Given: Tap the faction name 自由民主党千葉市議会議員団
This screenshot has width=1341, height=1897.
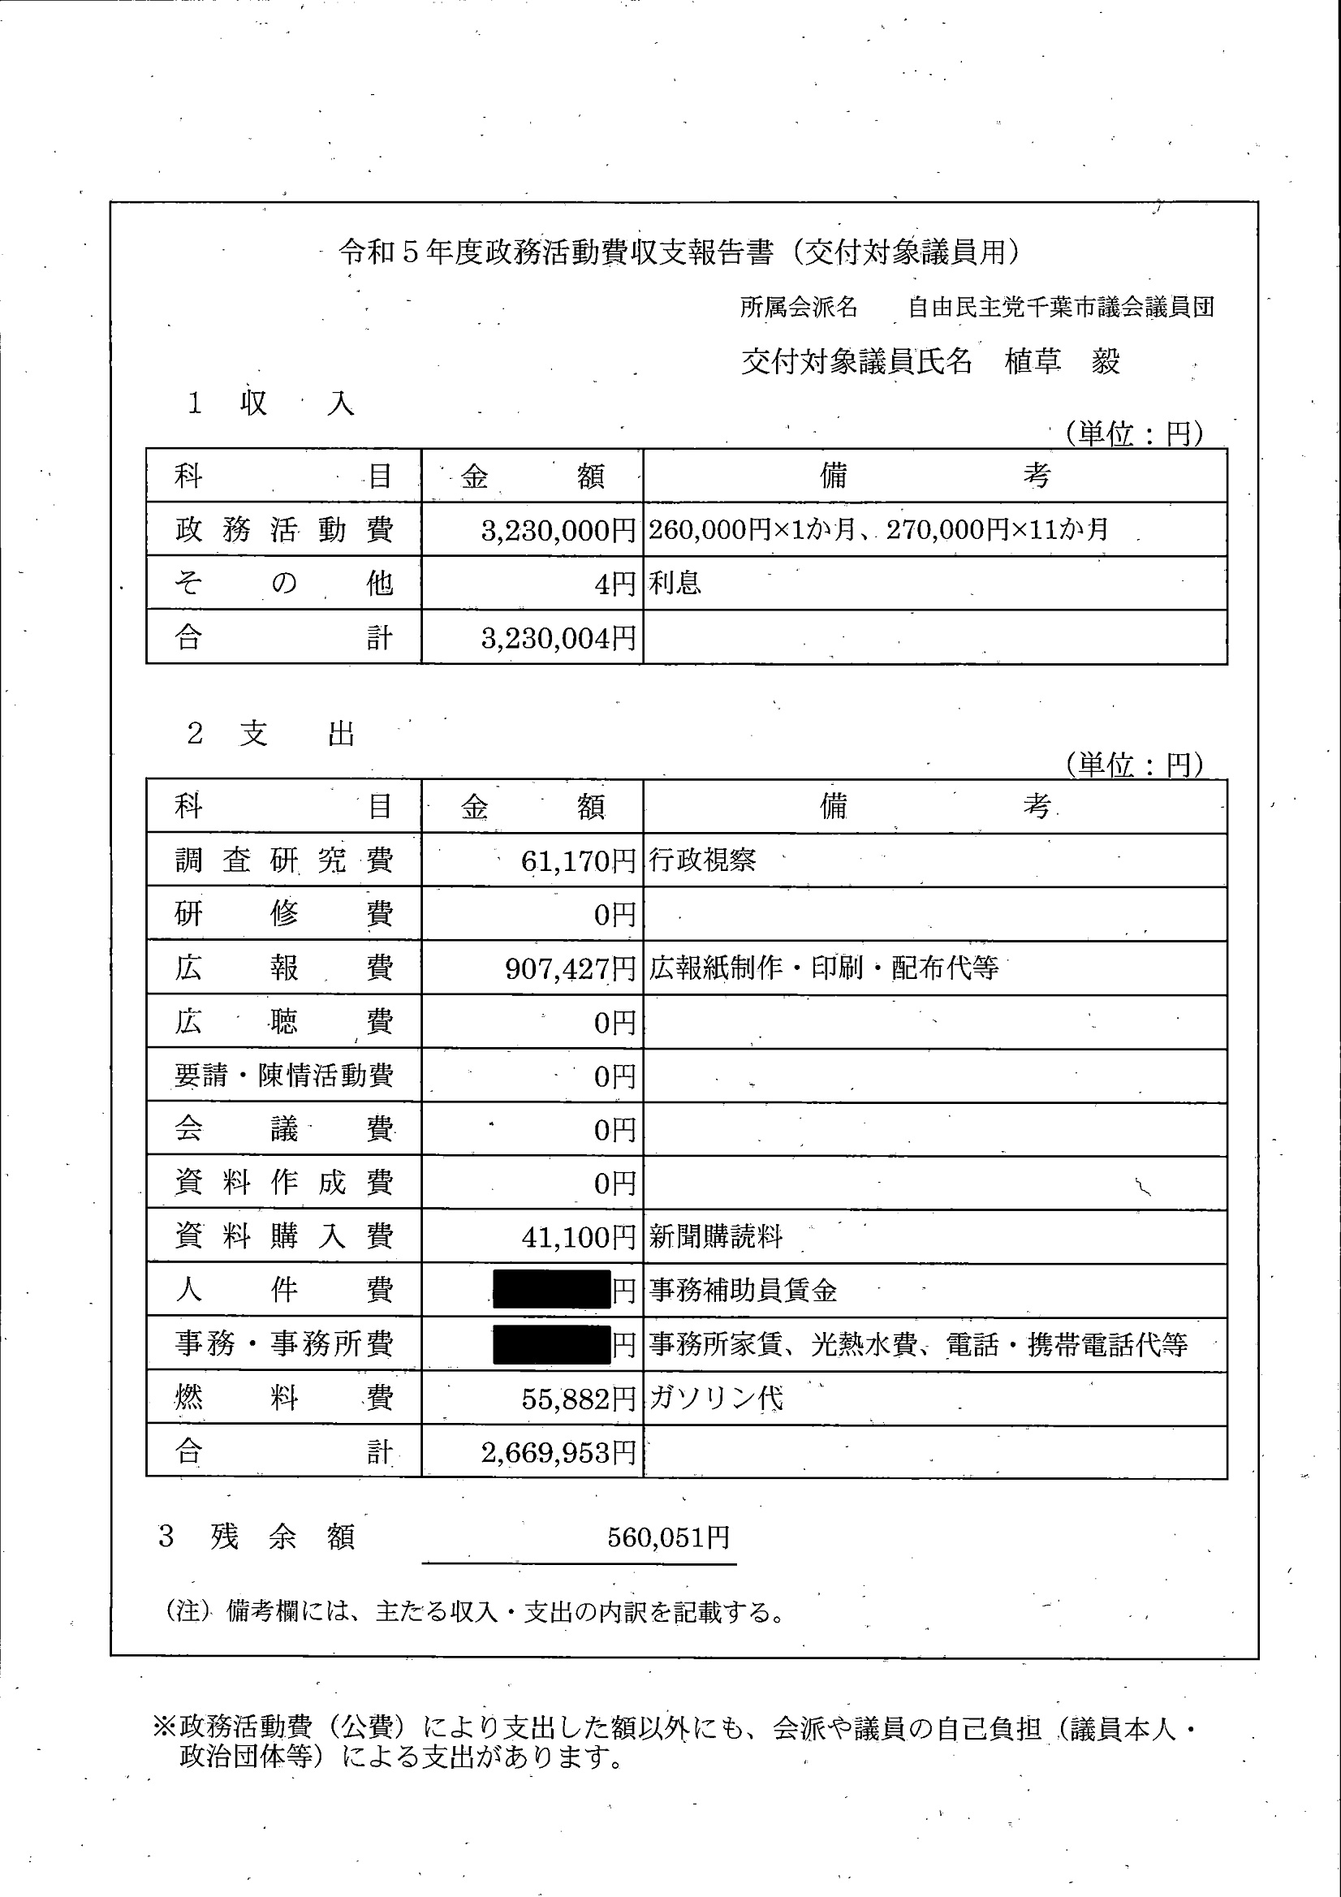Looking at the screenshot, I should [1060, 308].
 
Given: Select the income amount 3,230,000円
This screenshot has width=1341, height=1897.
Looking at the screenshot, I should [558, 530].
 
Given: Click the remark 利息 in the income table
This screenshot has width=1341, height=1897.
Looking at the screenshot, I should [675, 584].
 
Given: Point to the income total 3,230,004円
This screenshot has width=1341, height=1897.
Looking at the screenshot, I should [558, 638].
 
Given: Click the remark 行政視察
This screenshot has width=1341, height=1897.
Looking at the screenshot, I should [702, 861].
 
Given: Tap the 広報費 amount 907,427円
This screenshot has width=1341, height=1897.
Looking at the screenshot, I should [569, 968].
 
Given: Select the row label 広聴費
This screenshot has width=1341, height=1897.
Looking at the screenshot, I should [283, 1022].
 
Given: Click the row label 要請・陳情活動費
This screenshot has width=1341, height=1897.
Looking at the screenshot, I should [283, 1076].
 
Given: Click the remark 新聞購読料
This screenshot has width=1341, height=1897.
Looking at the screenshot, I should [715, 1237].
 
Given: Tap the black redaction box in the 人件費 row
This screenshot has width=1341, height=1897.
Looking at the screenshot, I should [551, 1290].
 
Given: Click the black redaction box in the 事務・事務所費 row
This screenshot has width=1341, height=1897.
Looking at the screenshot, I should [551, 1344].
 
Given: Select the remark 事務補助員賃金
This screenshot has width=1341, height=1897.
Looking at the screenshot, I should [743, 1291].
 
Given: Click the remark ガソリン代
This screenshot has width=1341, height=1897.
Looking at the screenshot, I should [715, 1398].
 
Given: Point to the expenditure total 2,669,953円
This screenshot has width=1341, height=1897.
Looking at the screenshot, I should [558, 1451].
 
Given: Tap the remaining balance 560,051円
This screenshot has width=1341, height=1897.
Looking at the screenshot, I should [667, 1537].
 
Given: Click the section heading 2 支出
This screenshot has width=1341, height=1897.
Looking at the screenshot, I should [272, 734].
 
